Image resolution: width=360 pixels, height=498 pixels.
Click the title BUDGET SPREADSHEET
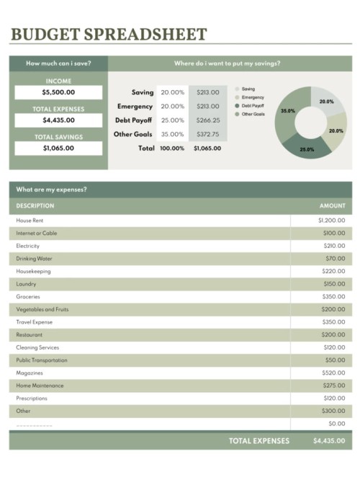click(x=109, y=34)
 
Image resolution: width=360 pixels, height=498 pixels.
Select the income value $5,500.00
click(x=58, y=92)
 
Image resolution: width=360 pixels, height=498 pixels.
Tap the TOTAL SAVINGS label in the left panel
click(x=58, y=136)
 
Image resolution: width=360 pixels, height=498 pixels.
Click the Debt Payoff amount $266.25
click(x=208, y=120)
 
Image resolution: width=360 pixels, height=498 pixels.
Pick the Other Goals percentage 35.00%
click(x=172, y=134)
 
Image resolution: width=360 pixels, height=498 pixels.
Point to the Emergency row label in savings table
click(x=135, y=107)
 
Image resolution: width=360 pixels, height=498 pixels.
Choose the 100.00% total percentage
click(x=171, y=148)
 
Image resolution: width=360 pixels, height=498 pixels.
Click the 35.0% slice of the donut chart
click(x=287, y=112)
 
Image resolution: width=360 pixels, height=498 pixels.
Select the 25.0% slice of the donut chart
click(x=307, y=148)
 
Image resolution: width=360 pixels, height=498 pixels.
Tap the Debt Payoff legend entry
click(x=253, y=106)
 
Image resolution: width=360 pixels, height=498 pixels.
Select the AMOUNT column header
click(x=332, y=205)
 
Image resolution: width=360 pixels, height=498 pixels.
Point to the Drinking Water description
click(x=34, y=258)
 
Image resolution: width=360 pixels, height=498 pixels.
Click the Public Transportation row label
click(x=42, y=360)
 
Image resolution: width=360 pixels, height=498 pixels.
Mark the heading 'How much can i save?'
click(x=58, y=63)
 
